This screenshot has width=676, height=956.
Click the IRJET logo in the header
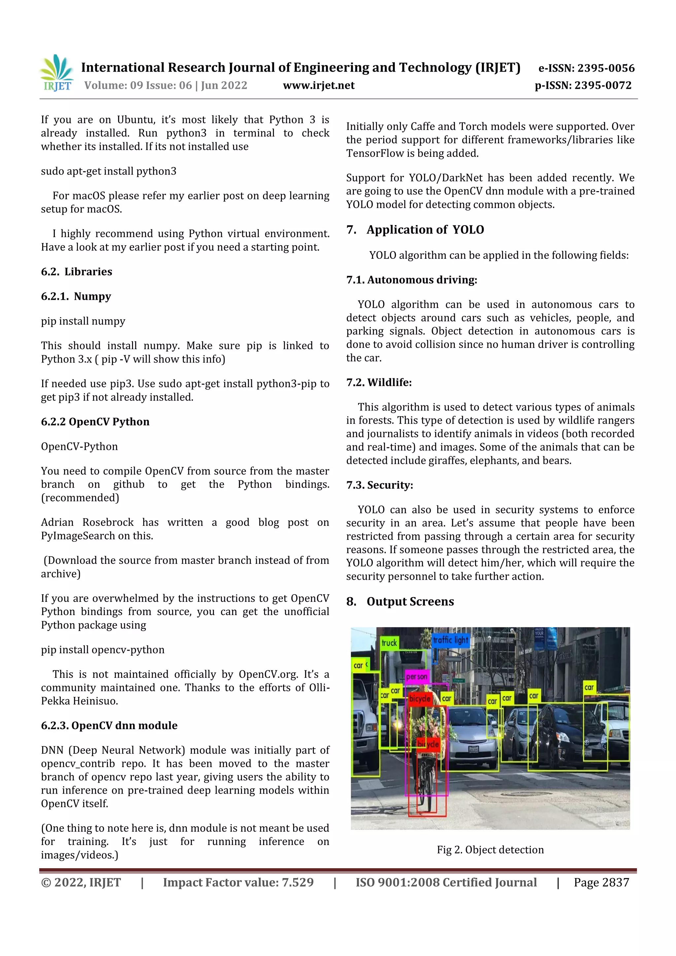tap(57, 73)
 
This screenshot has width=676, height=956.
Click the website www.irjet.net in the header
tap(319, 85)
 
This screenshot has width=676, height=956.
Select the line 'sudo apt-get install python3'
tap(109, 171)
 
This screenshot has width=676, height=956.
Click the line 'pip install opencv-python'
tap(102, 650)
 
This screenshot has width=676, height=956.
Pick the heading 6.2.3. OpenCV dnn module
tap(109, 725)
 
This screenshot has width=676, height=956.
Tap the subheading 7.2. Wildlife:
tap(379, 382)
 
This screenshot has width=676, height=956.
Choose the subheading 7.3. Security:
tap(380, 485)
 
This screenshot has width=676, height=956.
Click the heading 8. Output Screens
tap(400, 602)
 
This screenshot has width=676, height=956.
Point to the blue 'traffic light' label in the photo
tap(450, 640)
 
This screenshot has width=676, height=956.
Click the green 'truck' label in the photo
tap(389, 643)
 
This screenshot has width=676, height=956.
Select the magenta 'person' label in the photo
tap(416, 677)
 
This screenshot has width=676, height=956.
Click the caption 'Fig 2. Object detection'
tap(490, 849)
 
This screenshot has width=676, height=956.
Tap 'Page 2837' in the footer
tap(601, 882)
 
